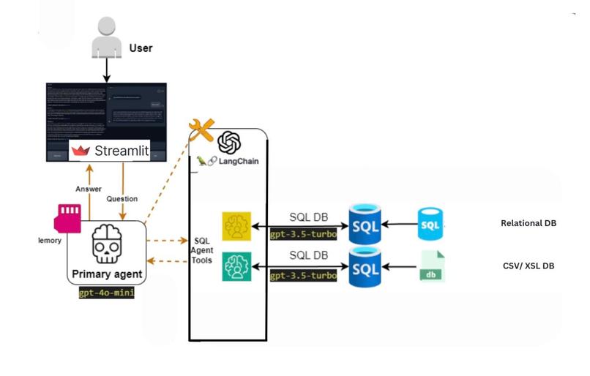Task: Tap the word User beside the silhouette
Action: pyautogui.click(x=141, y=48)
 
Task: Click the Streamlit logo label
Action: pyautogui.click(x=111, y=151)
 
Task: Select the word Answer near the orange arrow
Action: pyautogui.click(x=89, y=189)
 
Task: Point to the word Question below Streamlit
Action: pyautogui.click(x=122, y=198)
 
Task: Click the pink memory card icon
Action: pyautogui.click(x=68, y=217)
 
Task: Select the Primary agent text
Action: pyautogui.click(x=108, y=275)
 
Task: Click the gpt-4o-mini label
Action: pyautogui.click(x=108, y=293)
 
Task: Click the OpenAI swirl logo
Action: pyautogui.click(x=229, y=141)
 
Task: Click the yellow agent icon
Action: pyautogui.click(x=236, y=226)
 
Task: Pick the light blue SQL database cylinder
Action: pyautogui.click(x=430, y=224)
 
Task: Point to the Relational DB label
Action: pyautogui.click(x=529, y=223)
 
